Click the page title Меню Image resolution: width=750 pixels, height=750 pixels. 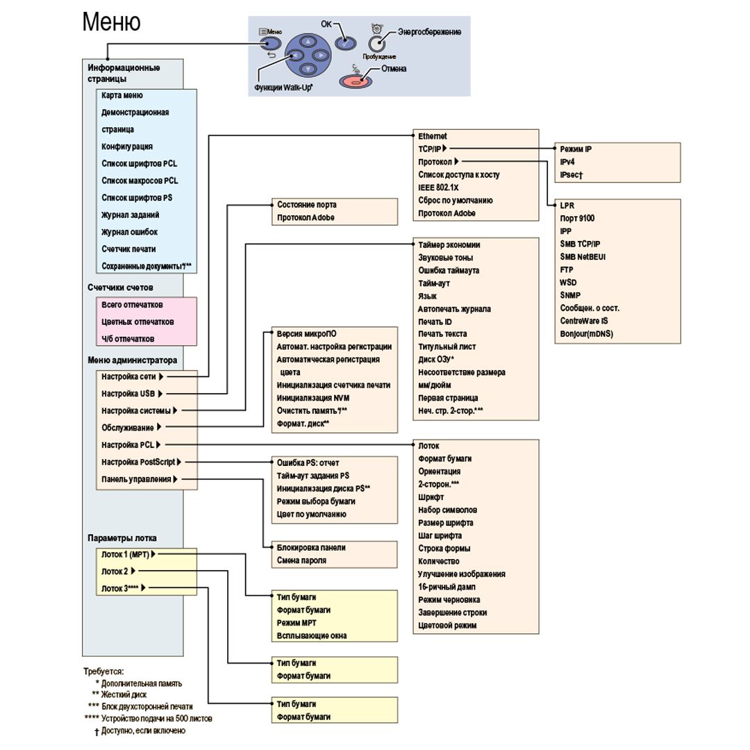pos(111,22)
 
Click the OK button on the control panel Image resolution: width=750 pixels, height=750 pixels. pos(344,42)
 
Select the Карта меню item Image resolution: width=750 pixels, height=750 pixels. pos(122,95)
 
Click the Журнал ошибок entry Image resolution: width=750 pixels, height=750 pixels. pos(129,232)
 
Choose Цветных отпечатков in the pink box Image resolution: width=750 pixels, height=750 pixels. pos(137,322)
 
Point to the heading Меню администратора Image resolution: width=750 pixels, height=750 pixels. pos(132,360)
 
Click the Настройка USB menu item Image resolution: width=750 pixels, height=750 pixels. pos(128,394)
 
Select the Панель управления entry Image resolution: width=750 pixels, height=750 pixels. pos(136,479)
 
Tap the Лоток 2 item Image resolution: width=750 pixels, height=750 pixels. pos(115,572)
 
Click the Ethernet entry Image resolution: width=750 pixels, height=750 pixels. pos(433,136)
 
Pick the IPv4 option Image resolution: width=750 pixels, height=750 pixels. pos(567,162)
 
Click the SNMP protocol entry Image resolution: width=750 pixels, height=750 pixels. pos(570,295)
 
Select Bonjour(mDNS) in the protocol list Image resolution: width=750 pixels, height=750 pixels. pos(587,333)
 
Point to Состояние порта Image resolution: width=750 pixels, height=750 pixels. pos(306,205)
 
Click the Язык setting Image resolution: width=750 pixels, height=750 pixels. pos(427,296)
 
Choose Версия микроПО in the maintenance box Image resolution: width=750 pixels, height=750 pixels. pos(306,334)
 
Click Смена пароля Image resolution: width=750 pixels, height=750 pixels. pos(301,560)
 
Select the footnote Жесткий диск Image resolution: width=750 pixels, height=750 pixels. pos(124,694)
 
